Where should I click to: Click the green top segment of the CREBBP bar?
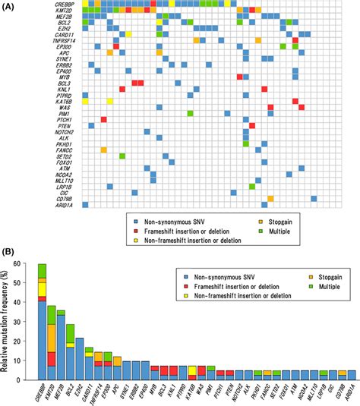(x=42, y=270)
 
